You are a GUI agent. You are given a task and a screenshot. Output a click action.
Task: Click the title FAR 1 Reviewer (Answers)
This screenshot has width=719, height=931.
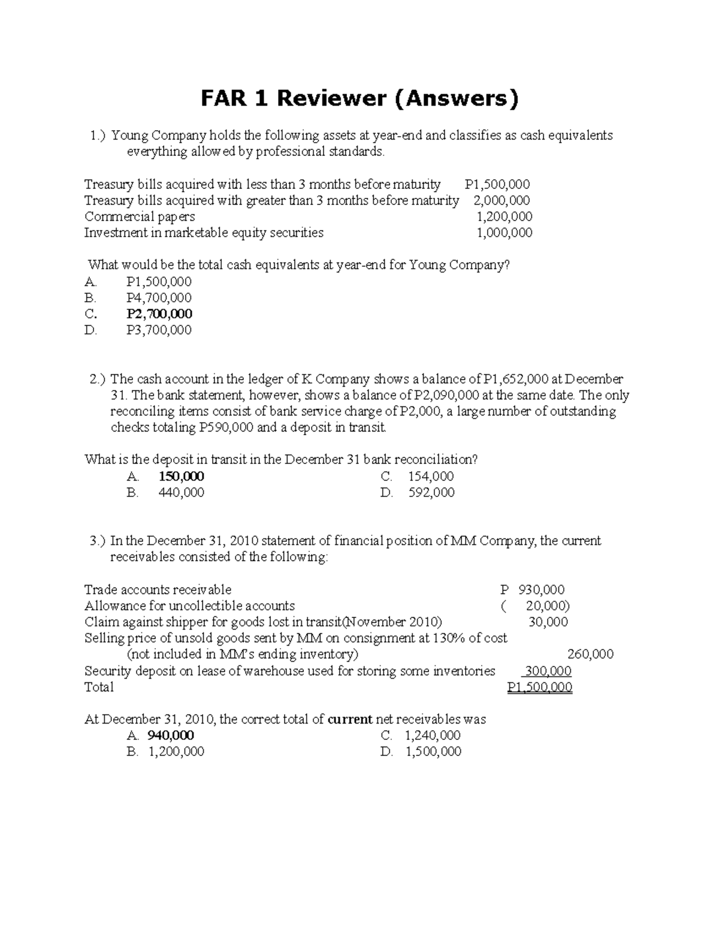point(359,98)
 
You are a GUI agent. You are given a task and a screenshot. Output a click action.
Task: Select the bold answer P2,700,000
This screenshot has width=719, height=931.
point(159,314)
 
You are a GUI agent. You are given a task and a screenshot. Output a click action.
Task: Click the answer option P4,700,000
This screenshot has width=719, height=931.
point(159,298)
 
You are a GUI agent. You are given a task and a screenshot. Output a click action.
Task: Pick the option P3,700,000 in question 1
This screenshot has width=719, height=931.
point(159,330)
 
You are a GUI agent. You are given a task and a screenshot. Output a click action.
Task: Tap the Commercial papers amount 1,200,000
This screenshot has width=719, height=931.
point(504,216)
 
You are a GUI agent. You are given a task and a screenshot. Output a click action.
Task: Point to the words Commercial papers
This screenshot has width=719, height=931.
point(140,216)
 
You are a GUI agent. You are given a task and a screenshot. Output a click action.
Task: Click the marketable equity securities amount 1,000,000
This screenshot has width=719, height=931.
point(504,233)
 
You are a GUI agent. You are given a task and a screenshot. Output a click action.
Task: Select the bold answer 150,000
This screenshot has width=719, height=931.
point(181,477)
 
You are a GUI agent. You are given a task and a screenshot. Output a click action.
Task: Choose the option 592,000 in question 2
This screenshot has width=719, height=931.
point(431,493)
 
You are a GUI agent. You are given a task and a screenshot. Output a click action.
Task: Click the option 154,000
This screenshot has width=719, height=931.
point(431,477)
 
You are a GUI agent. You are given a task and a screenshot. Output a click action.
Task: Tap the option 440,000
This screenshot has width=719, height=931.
point(181,493)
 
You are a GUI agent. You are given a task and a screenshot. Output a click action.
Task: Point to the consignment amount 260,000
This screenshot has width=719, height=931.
point(590,654)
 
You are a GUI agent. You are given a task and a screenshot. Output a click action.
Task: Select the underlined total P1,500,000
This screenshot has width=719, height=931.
point(539,687)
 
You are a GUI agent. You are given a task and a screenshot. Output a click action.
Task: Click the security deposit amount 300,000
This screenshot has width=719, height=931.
point(548,671)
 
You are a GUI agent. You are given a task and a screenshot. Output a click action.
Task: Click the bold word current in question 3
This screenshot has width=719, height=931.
point(350,719)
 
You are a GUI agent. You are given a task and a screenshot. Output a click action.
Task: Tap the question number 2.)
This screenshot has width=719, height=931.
point(98,379)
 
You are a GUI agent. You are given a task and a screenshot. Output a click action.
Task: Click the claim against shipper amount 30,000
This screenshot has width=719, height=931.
point(548,622)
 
